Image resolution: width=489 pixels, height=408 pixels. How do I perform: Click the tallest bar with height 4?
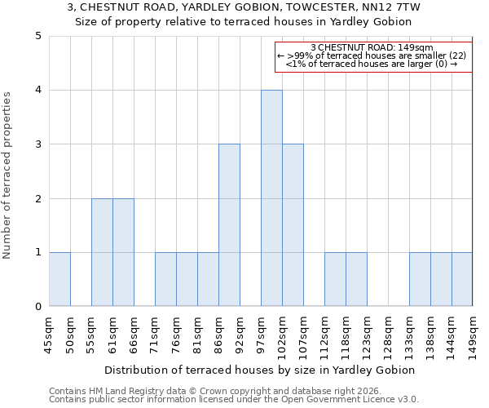[271, 198]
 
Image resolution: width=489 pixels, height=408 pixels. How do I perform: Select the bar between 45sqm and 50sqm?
[59, 279]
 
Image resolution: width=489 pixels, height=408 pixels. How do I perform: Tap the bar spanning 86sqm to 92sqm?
[229, 225]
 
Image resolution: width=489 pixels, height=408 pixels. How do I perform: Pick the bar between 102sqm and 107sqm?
[293, 225]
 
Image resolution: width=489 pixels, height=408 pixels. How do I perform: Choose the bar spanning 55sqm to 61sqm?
[102, 252]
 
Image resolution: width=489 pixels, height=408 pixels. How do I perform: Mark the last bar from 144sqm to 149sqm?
[462, 279]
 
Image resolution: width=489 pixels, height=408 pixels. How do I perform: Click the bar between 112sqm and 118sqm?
[335, 279]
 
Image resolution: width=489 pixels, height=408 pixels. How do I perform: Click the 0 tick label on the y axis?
[37, 307]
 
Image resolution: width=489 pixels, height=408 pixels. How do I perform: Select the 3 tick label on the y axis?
[37, 144]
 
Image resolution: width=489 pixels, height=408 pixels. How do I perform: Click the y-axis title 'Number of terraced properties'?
[8, 175]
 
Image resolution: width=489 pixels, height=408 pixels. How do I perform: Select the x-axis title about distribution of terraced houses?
[260, 370]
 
